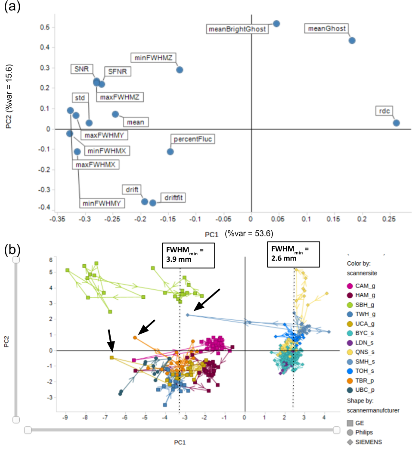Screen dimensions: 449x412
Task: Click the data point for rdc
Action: tap(396, 123)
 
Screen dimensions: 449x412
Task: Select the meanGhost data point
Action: tap(352, 40)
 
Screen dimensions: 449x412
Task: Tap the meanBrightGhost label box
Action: tap(236, 29)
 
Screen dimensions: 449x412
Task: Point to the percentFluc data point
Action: tap(170, 152)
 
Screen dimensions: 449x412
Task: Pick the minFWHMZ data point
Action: tap(180, 70)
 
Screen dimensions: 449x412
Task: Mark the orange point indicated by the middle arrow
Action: tap(135, 338)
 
